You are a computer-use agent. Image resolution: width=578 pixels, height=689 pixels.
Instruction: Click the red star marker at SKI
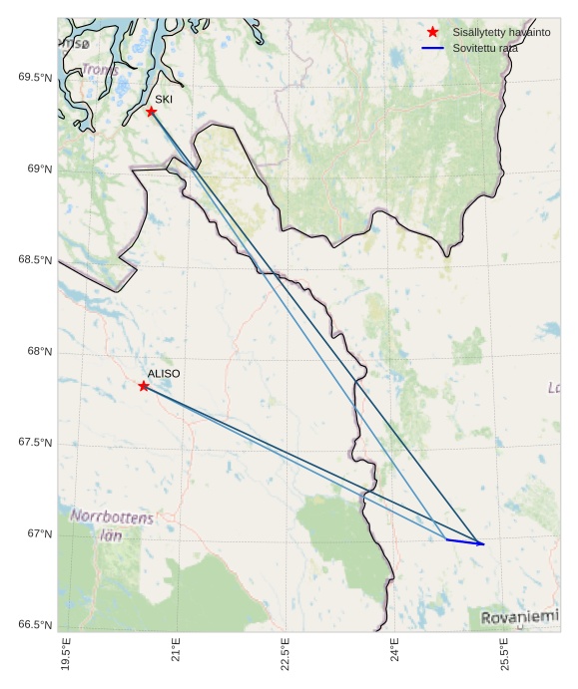click(151, 111)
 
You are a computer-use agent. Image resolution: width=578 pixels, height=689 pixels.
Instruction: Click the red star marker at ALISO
click(144, 386)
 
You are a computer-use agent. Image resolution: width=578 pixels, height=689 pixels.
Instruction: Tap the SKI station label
click(164, 100)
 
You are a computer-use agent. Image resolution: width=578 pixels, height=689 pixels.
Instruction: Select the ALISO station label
click(164, 374)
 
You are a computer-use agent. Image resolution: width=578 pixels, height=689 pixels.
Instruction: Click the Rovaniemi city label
click(520, 618)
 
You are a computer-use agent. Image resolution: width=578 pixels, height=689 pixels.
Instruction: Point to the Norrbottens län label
click(113, 525)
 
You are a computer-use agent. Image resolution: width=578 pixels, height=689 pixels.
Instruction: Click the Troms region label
click(100, 70)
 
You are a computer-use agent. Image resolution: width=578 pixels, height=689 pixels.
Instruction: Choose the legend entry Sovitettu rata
click(485, 48)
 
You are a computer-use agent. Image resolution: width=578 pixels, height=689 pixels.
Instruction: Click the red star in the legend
click(432, 33)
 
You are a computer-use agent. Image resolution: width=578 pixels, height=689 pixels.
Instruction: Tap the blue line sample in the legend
click(432, 48)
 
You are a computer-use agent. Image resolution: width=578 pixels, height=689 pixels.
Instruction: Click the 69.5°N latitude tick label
click(35, 78)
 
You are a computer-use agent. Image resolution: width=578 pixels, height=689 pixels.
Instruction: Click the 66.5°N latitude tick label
click(35, 625)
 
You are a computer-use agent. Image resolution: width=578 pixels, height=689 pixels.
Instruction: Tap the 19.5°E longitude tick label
click(67, 653)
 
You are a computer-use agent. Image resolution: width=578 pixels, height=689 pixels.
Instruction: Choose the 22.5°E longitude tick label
click(286, 653)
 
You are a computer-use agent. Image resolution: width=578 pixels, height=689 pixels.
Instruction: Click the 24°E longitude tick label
click(395, 653)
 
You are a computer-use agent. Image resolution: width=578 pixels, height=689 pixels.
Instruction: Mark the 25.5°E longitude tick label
click(505, 653)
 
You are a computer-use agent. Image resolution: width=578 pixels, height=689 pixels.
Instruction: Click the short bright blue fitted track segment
click(464, 541)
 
